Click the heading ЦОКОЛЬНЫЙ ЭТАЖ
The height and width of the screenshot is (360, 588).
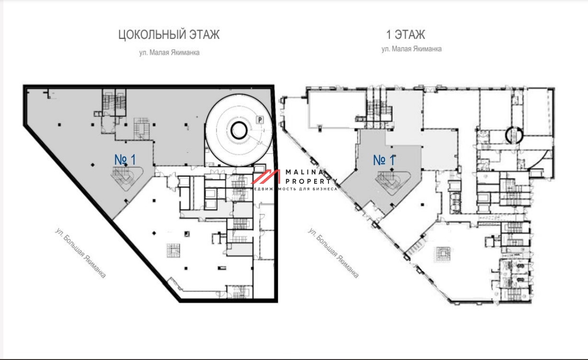pyautogui.click(x=169, y=35)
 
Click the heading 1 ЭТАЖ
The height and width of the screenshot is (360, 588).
pyautogui.click(x=406, y=35)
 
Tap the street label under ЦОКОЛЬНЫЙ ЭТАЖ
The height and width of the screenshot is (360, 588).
pyautogui.click(x=170, y=53)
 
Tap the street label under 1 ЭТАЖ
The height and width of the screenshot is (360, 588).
pyautogui.click(x=412, y=49)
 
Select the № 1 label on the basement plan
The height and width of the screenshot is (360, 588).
pyautogui.click(x=125, y=159)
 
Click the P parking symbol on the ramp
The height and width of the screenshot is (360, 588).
pyautogui.click(x=260, y=120)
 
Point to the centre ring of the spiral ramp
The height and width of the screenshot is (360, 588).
pyautogui.click(x=238, y=130)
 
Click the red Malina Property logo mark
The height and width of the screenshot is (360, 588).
pyautogui.click(x=266, y=177)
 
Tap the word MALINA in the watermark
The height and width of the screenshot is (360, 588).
pyautogui.click(x=305, y=172)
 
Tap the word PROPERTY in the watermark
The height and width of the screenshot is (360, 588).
pyautogui.click(x=311, y=181)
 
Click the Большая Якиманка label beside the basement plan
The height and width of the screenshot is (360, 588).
pyautogui.click(x=80, y=253)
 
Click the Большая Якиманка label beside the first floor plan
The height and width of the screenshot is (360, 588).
pyautogui.click(x=333, y=253)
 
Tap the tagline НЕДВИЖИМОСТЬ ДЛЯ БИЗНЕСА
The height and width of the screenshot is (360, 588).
pyautogui.click(x=294, y=189)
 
